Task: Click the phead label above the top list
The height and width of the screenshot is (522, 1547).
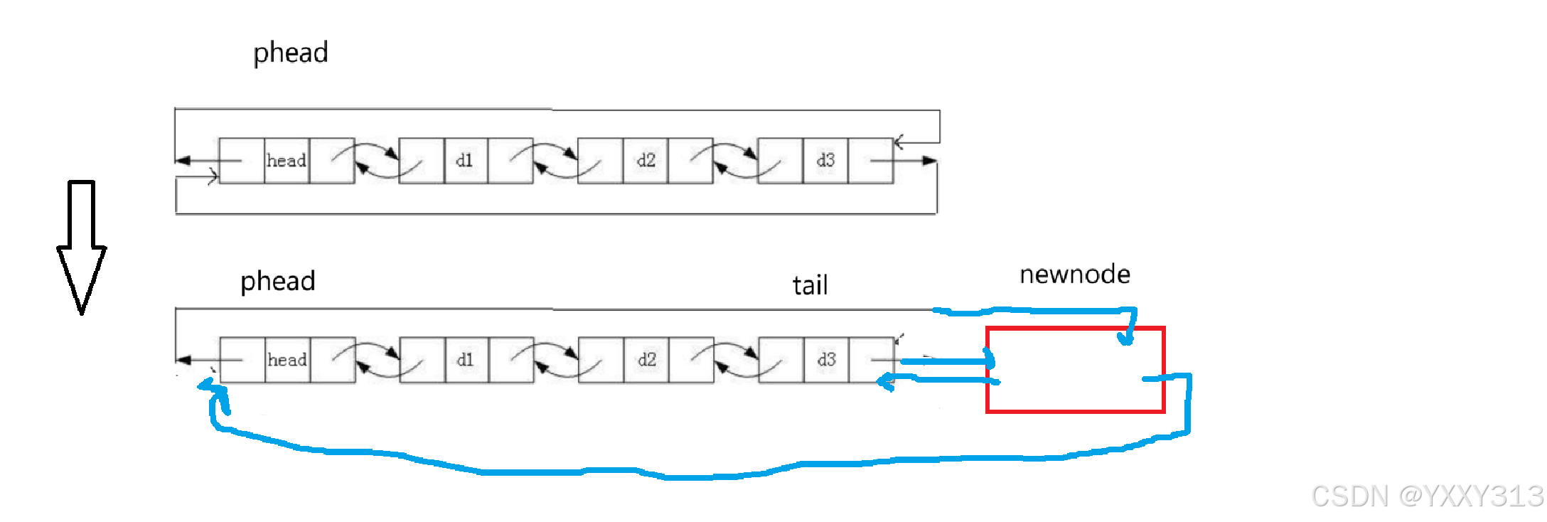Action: click(291, 53)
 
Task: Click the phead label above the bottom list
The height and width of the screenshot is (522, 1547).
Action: click(277, 282)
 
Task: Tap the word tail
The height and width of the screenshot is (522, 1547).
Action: click(810, 286)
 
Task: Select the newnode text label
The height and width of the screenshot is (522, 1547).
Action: click(1074, 275)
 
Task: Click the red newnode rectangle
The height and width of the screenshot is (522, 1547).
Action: click(1075, 370)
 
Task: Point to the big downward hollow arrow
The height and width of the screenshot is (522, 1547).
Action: click(82, 245)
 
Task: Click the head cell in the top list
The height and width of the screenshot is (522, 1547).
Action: click(287, 161)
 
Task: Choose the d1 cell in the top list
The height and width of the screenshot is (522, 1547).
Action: click(465, 161)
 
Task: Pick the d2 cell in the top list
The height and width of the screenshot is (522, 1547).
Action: click(646, 161)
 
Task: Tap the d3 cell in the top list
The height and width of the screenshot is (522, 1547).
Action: click(825, 161)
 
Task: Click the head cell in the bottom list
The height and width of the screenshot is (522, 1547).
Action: click(287, 360)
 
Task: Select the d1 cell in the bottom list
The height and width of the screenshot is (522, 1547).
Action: click(466, 360)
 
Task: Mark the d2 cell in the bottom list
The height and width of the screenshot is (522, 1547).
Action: click(646, 360)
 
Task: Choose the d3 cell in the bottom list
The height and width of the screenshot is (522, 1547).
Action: click(826, 360)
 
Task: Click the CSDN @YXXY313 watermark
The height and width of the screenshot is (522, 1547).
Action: click(1427, 496)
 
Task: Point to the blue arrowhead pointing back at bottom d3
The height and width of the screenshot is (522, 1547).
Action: click(885, 382)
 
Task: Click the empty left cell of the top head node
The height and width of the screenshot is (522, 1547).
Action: click(242, 161)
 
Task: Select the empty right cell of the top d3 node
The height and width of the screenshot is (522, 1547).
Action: click(871, 161)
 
